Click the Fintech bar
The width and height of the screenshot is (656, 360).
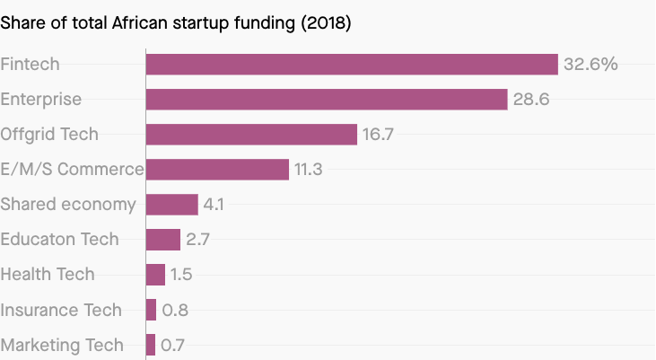pos(352,65)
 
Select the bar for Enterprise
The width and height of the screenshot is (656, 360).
pos(327,100)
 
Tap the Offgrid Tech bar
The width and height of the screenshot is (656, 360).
pos(251,135)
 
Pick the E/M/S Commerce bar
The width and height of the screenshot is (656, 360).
pos(217,170)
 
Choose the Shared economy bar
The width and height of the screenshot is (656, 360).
pos(171,205)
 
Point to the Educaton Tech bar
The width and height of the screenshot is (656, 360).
pos(163,240)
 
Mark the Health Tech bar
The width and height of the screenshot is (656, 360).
pos(155,275)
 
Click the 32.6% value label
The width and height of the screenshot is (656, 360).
pos(590,65)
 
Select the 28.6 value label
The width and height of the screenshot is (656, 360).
pos(530,100)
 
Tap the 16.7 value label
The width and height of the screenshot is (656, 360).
pos(378,135)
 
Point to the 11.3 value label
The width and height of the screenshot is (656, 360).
pos(309,170)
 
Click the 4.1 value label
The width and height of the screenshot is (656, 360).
pos(214,205)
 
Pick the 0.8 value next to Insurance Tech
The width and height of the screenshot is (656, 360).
pos(174,311)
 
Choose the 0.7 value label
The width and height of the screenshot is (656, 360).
pos(172,346)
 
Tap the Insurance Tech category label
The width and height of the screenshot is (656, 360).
pos(61,311)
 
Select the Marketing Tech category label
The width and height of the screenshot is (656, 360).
pos(62,346)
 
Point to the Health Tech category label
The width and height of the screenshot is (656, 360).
pos(48,275)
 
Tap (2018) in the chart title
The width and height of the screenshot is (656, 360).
pos(323,23)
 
